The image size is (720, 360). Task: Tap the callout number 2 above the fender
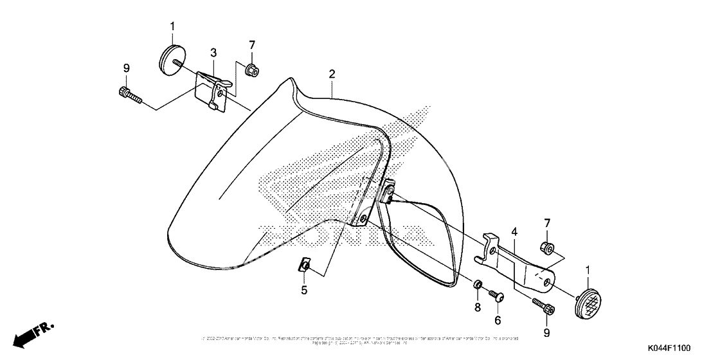click(332, 75)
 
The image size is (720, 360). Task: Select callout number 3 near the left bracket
click(213, 53)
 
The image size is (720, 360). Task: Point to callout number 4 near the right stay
click(514, 231)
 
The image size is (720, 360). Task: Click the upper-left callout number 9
click(127, 67)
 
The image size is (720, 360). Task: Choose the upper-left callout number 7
click(252, 44)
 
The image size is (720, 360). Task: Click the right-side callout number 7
click(547, 223)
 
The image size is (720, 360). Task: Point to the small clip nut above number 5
click(306, 265)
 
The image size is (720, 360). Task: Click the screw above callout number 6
click(496, 294)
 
